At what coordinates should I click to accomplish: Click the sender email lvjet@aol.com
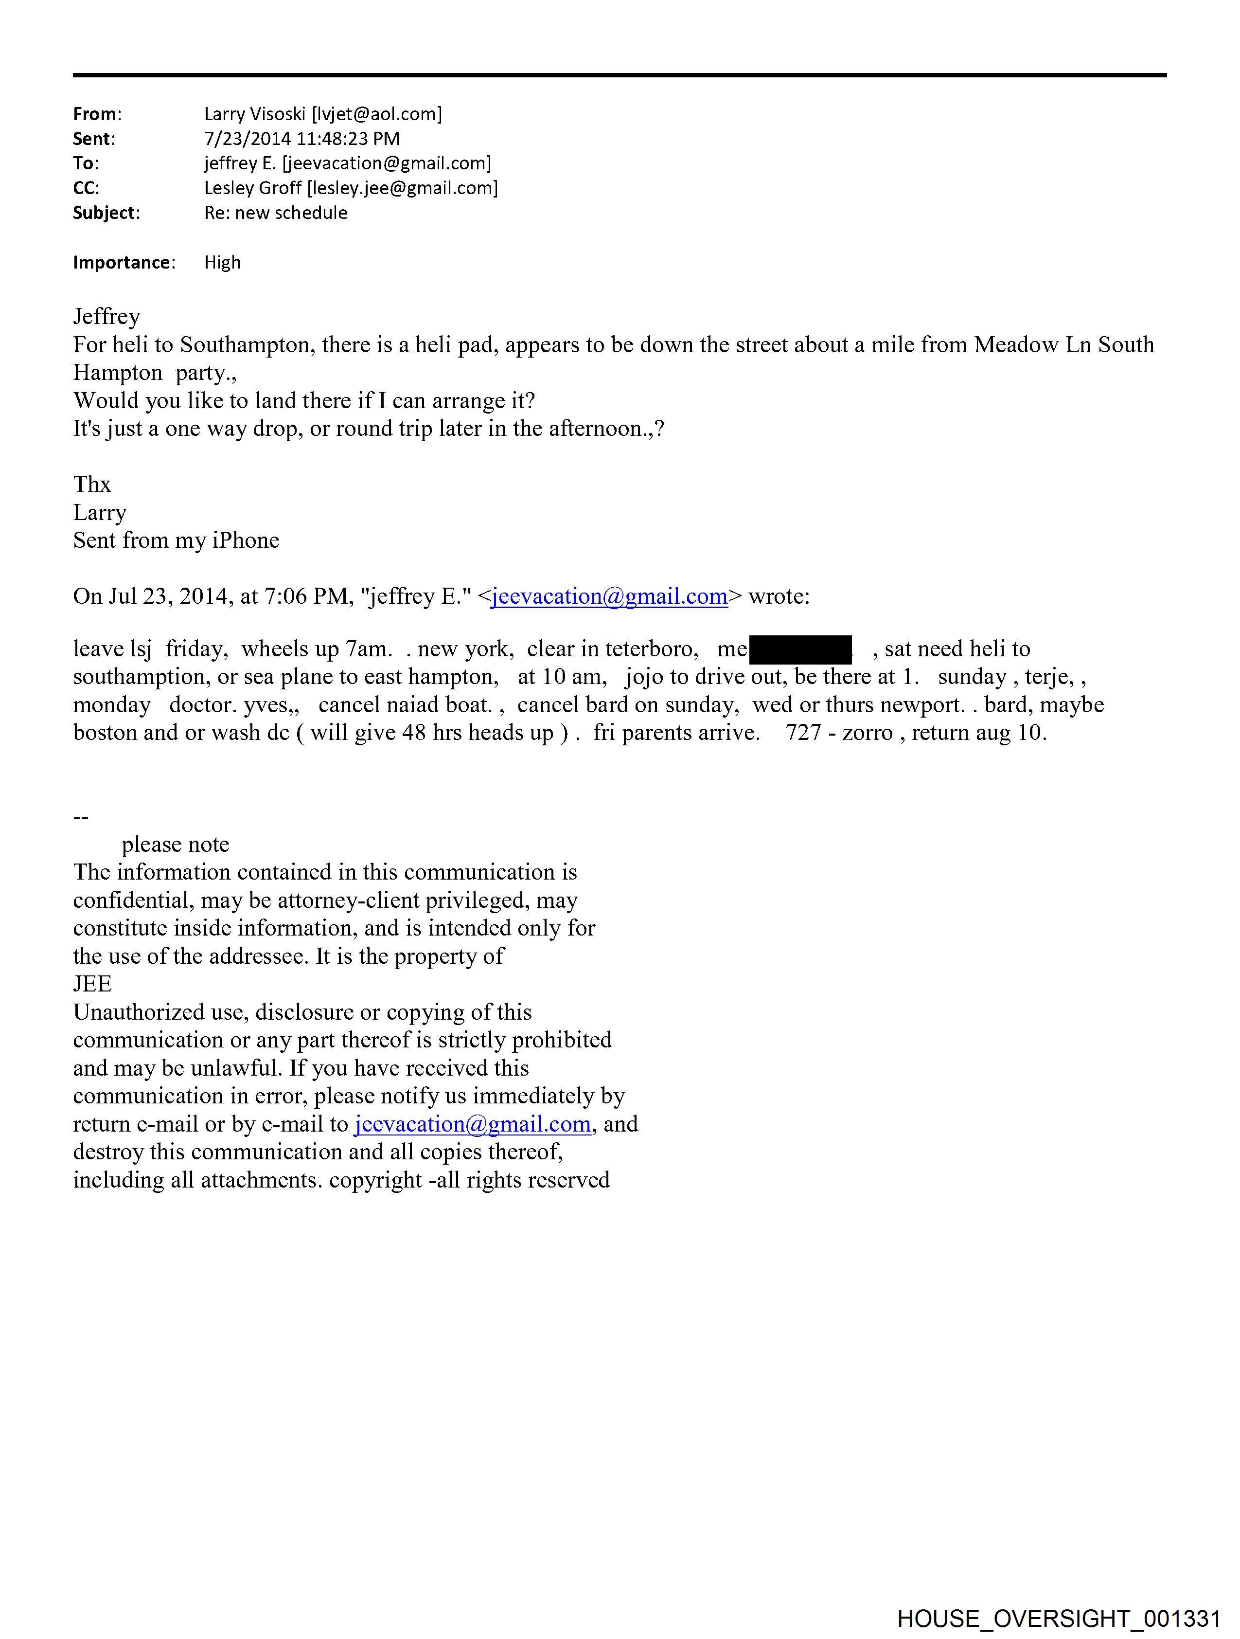click(377, 114)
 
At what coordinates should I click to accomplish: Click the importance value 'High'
click(222, 262)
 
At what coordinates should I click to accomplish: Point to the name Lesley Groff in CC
click(252, 188)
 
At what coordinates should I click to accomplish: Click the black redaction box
click(800, 649)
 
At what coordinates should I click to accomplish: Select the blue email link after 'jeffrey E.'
click(609, 596)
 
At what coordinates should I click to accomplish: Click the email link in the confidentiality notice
click(473, 1124)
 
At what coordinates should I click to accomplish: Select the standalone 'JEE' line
click(92, 984)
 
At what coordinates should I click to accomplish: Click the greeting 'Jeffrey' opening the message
click(106, 316)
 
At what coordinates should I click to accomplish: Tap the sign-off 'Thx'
click(92, 485)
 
